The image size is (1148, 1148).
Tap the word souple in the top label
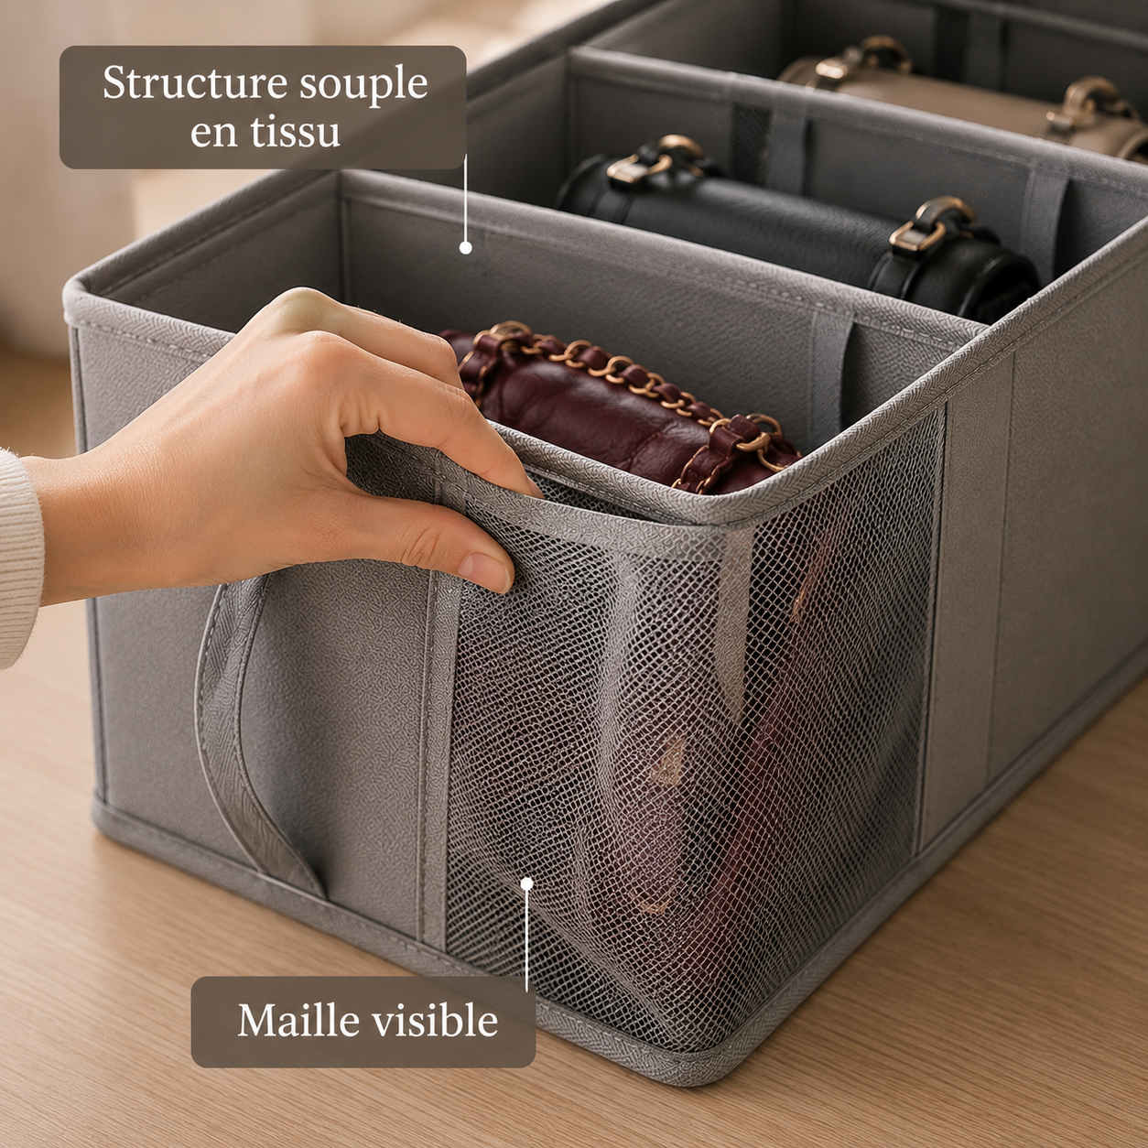click(x=363, y=85)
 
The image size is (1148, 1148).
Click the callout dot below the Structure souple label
click(x=466, y=247)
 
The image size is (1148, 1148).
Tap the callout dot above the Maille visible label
click(x=526, y=883)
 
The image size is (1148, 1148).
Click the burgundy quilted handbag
click(x=620, y=406)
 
